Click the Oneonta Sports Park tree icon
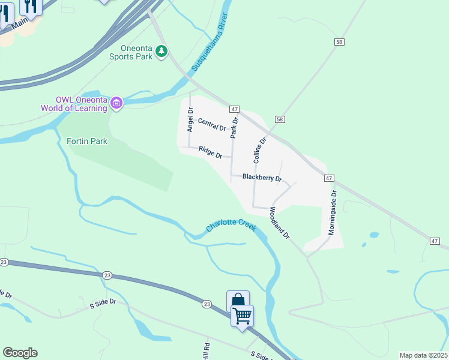(x=161, y=52)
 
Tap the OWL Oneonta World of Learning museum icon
(x=116, y=104)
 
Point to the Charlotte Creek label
(x=231, y=226)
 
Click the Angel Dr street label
(x=190, y=120)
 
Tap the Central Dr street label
(x=212, y=125)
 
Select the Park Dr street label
(x=235, y=128)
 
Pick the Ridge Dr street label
(x=211, y=152)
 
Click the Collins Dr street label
(x=259, y=151)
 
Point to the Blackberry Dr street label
(x=262, y=178)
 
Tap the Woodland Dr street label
(x=280, y=223)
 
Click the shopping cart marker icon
(x=243, y=314)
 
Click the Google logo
(x=20, y=353)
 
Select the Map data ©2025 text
(x=423, y=355)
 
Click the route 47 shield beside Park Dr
(x=234, y=109)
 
